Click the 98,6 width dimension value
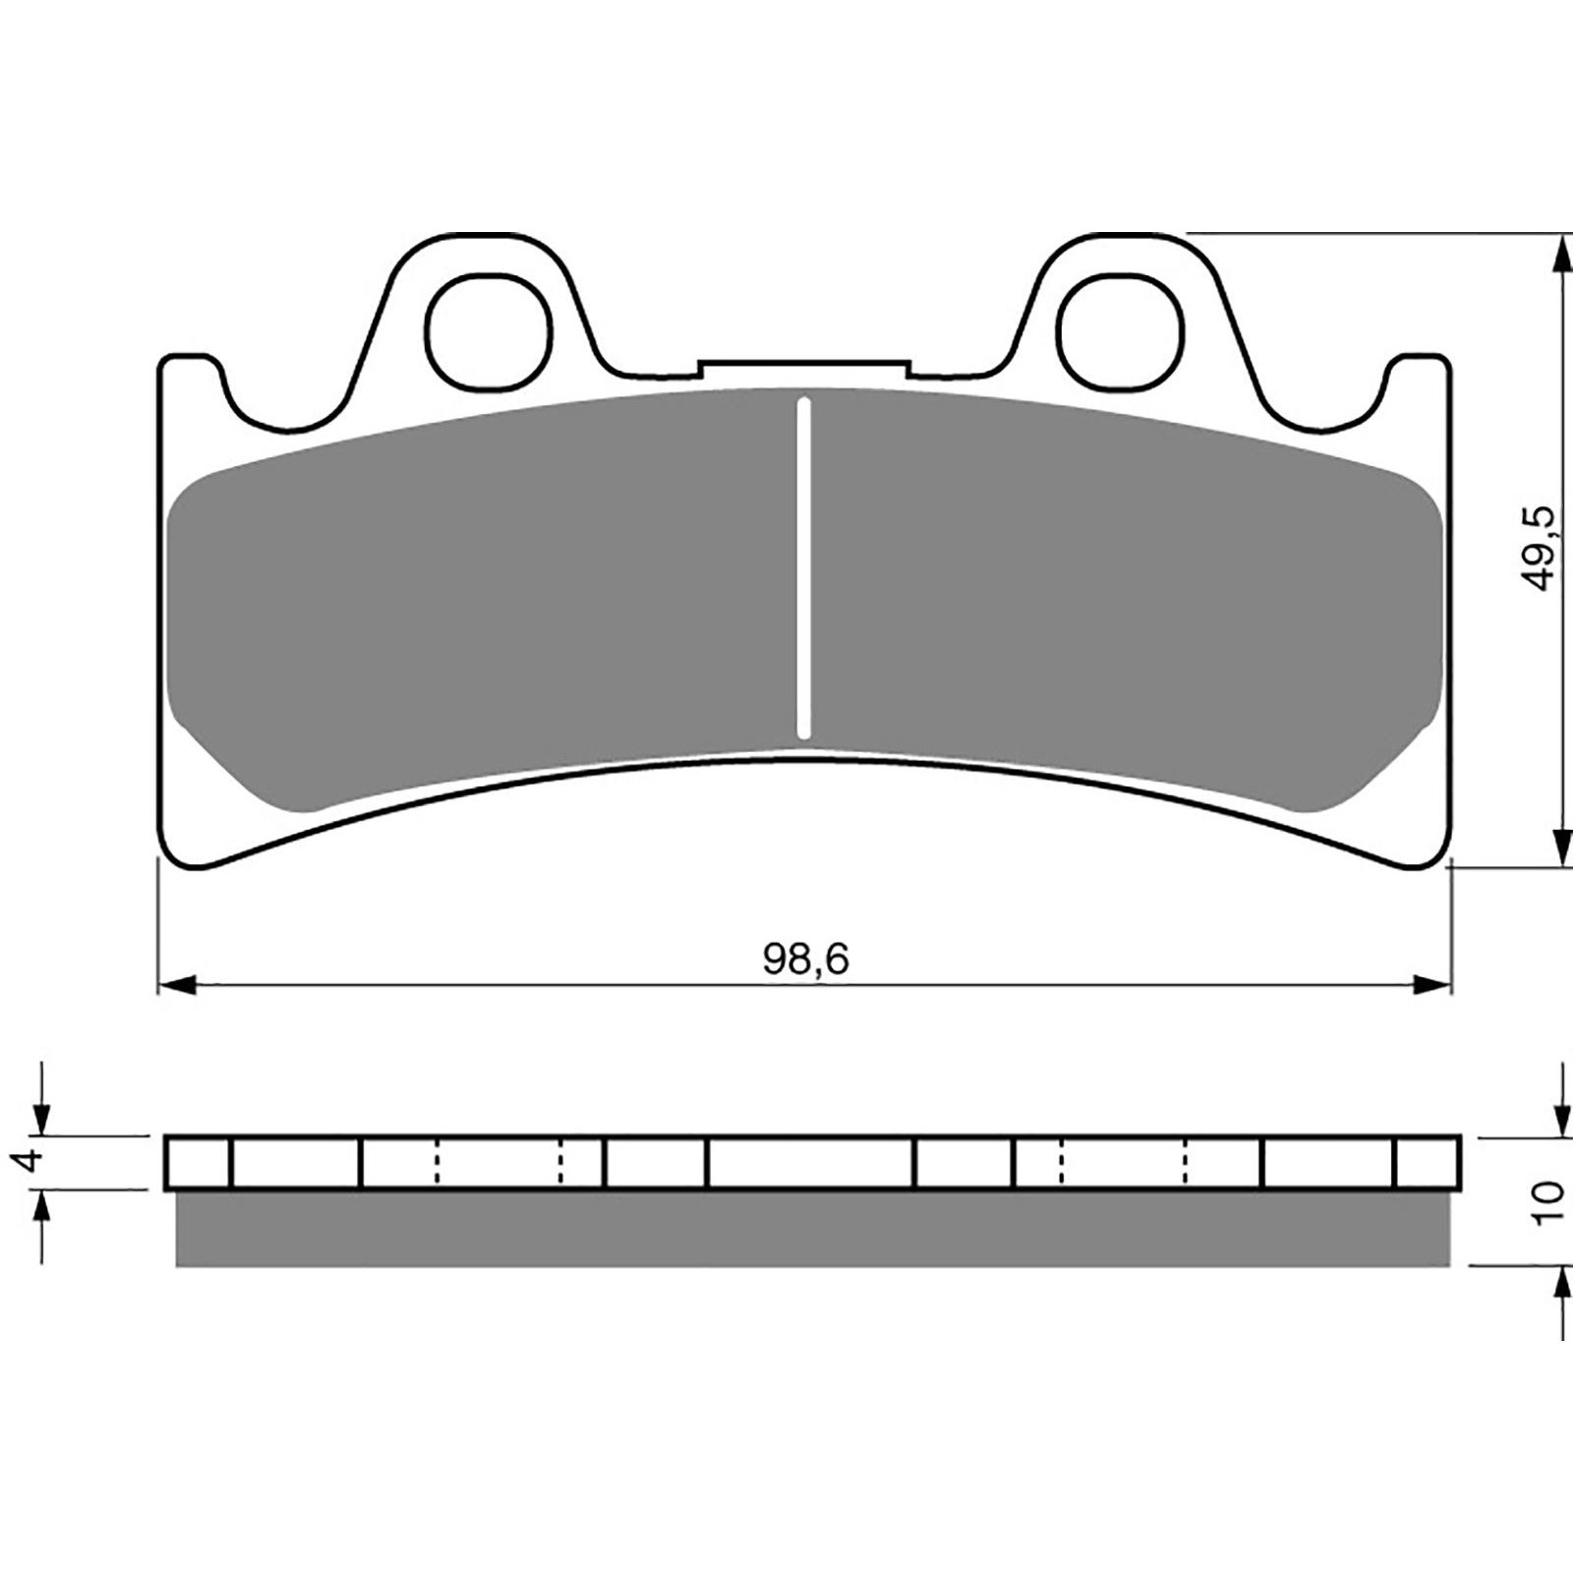point(805,960)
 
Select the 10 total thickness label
point(1546,1201)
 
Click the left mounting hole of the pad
point(488,327)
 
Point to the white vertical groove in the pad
point(804,567)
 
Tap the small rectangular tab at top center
point(804,368)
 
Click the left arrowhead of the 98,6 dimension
point(178,984)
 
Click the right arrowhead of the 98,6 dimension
point(1431,984)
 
